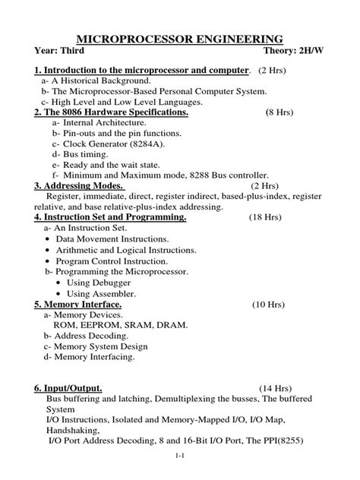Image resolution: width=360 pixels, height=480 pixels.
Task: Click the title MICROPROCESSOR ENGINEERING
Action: click(x=181, y=39)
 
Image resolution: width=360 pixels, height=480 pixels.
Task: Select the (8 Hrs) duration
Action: click(x=279, y=112)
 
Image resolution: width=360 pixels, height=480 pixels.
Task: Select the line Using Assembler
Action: click(x=102, y=293)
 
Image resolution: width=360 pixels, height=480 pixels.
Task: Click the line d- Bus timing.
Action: click(x=84, y=153)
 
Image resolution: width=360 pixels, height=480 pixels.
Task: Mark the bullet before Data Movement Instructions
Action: click(x=47, y=238)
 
